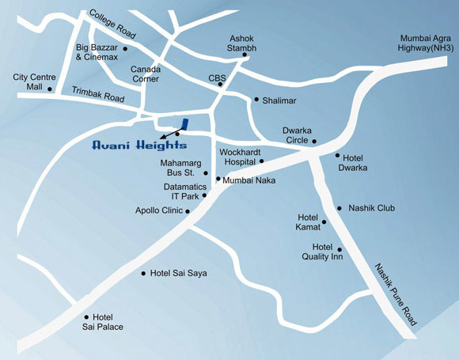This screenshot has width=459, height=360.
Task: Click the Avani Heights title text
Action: [139, 145]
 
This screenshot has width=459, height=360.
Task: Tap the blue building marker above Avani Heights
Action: [184, 123]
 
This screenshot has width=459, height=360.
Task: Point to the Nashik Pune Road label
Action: [396, 293]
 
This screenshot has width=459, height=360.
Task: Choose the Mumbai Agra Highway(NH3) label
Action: [427, 43]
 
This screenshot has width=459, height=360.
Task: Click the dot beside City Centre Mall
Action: [50, 89]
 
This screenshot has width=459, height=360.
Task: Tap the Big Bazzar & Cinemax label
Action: [97, 52]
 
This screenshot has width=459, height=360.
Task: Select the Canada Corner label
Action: [145, 73]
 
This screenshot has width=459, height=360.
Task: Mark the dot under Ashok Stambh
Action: [245, 55]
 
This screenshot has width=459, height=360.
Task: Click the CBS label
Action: [217, 78]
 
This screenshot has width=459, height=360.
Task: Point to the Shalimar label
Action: [280, 100]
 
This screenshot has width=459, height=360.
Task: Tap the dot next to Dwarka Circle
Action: [314, 142]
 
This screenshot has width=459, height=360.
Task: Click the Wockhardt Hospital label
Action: [238, 155]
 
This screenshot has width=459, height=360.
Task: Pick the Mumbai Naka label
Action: [248, 180]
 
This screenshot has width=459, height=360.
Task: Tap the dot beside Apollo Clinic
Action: [188, 211]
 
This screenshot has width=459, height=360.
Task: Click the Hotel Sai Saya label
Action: [178, 273]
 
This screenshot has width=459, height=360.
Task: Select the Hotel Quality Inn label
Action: [321, 251]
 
